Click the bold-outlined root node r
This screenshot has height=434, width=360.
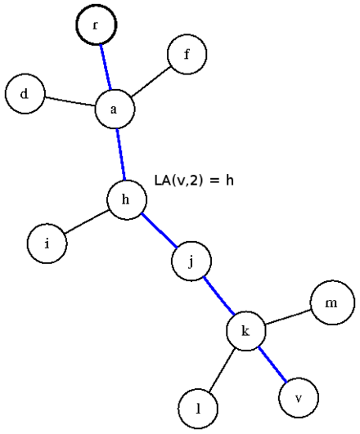point(97,25)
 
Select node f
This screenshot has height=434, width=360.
point(187,54)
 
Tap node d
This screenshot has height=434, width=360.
point(25,93)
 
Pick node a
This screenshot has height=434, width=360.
point(115,109)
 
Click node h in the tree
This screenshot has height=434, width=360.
point(127,200)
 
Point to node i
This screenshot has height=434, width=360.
point(47,244)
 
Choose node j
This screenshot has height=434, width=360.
point(191,261)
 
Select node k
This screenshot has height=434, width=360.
point(246,331)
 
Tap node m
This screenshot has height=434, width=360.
point(332,302)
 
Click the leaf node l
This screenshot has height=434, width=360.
point(198,409)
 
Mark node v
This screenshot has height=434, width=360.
point(299,398)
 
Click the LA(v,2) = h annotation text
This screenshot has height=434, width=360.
point(194,181)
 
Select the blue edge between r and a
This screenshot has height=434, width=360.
point(106,67)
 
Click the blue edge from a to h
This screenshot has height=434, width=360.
point(121,154)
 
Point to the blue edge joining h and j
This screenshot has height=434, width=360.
point(159,230)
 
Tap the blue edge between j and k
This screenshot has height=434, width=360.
point(219,296)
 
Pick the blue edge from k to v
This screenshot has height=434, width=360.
point(272,365)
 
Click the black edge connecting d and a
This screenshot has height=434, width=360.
point(70,101)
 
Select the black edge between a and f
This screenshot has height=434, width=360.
point(151,82)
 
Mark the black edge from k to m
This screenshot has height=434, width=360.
point(288,317)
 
